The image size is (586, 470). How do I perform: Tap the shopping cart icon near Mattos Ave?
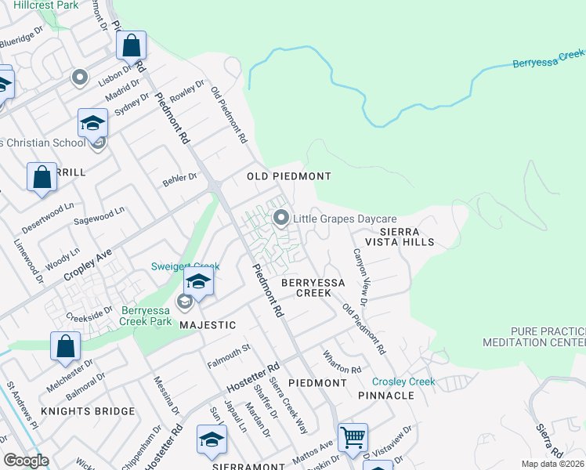pyautogui.click(x=353, y=436)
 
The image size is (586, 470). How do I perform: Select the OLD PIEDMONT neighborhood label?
pyautogui.click(x=289, y=176)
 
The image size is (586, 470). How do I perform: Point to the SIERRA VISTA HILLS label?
pyautogui.click(x=407, y=237)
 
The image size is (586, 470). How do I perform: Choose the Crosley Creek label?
pyautogui.click(x=403, y=381)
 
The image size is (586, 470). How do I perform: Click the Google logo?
pyautogui.click(x=26, y=461)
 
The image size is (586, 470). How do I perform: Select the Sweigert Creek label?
pyautogui.click(x=186, y=267)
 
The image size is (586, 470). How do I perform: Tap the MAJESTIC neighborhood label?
pyautogui.click(x=208, y=324)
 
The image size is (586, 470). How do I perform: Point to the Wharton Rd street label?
pyautogui.click(x=342, y=362)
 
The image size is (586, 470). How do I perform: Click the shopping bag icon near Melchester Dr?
pyautogui.click(x=66, y=345)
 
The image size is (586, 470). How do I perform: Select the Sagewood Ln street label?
pyautogui.click(x=99, y=217)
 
